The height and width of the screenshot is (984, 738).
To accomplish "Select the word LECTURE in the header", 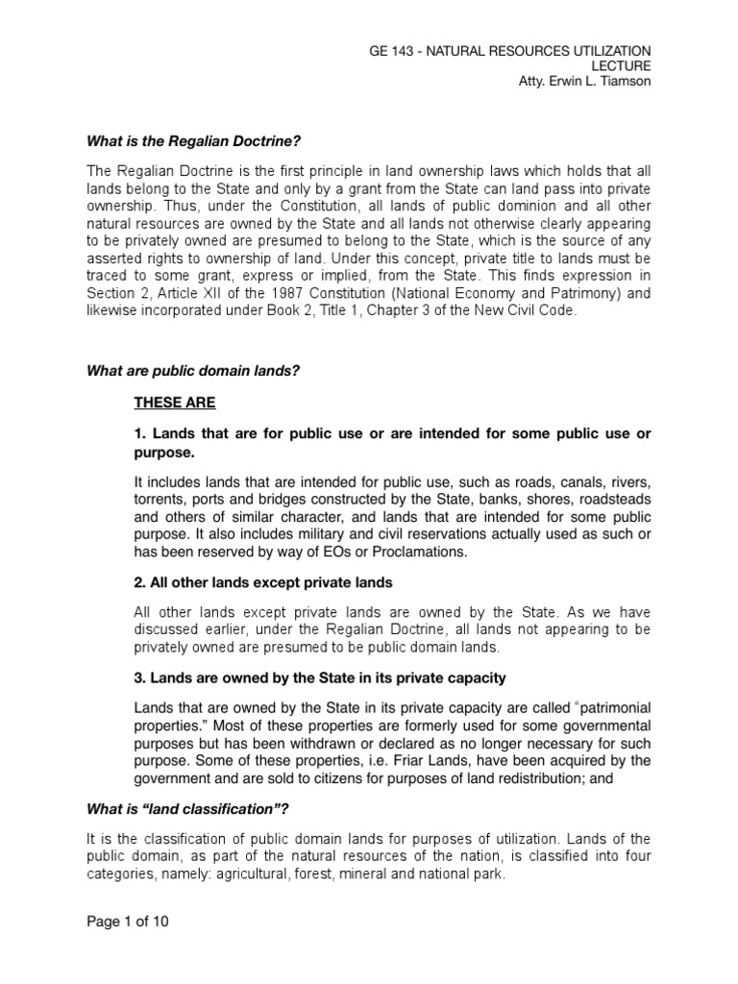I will click(622, 65).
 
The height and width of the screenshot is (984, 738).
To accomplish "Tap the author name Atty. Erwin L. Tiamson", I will click(583, 81).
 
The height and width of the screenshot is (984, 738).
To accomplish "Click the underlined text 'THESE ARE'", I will click(175, 403).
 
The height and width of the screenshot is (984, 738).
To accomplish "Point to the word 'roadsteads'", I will click(615, 500).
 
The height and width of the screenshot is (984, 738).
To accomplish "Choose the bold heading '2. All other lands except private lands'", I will click(263, 583).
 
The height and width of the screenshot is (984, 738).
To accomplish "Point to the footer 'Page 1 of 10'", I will click(128, 922).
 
